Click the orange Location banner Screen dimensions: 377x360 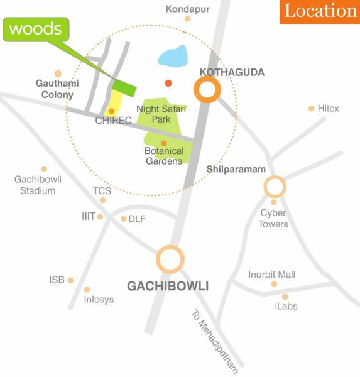pyautogui.click(x=320, y=11)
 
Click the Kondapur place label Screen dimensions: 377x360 pyautogui.click(x=187, y=9)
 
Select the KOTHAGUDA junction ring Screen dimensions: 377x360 pyautogui.click(x=208, y=90)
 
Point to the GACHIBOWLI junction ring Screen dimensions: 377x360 pyautogui.click(x=170, y=259)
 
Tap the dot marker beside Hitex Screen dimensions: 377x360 pyautogui.click(x=311, y=109)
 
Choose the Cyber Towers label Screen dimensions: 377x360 pyautogui.click(x=274, y=218)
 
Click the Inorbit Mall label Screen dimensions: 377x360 pyautogui.click(x=271, y=275)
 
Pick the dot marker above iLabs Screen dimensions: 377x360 pyautogui.click(x=285, y=297)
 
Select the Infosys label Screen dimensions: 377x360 pyautogui.click(x=99, y=300)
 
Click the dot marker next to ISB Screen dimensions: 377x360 pyautogui.click(x=70, y=280)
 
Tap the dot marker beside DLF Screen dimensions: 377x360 pyautogui.click(x=123, y=219)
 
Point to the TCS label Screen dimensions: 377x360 pyautogui.click(x=102, y=190)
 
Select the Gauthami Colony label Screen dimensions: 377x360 pyautogui.click(x=55, y=89)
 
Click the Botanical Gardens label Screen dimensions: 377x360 pyautogui.click(x=163, y=155)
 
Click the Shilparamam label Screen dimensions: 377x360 pyautogui.click(x=236, y=170)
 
